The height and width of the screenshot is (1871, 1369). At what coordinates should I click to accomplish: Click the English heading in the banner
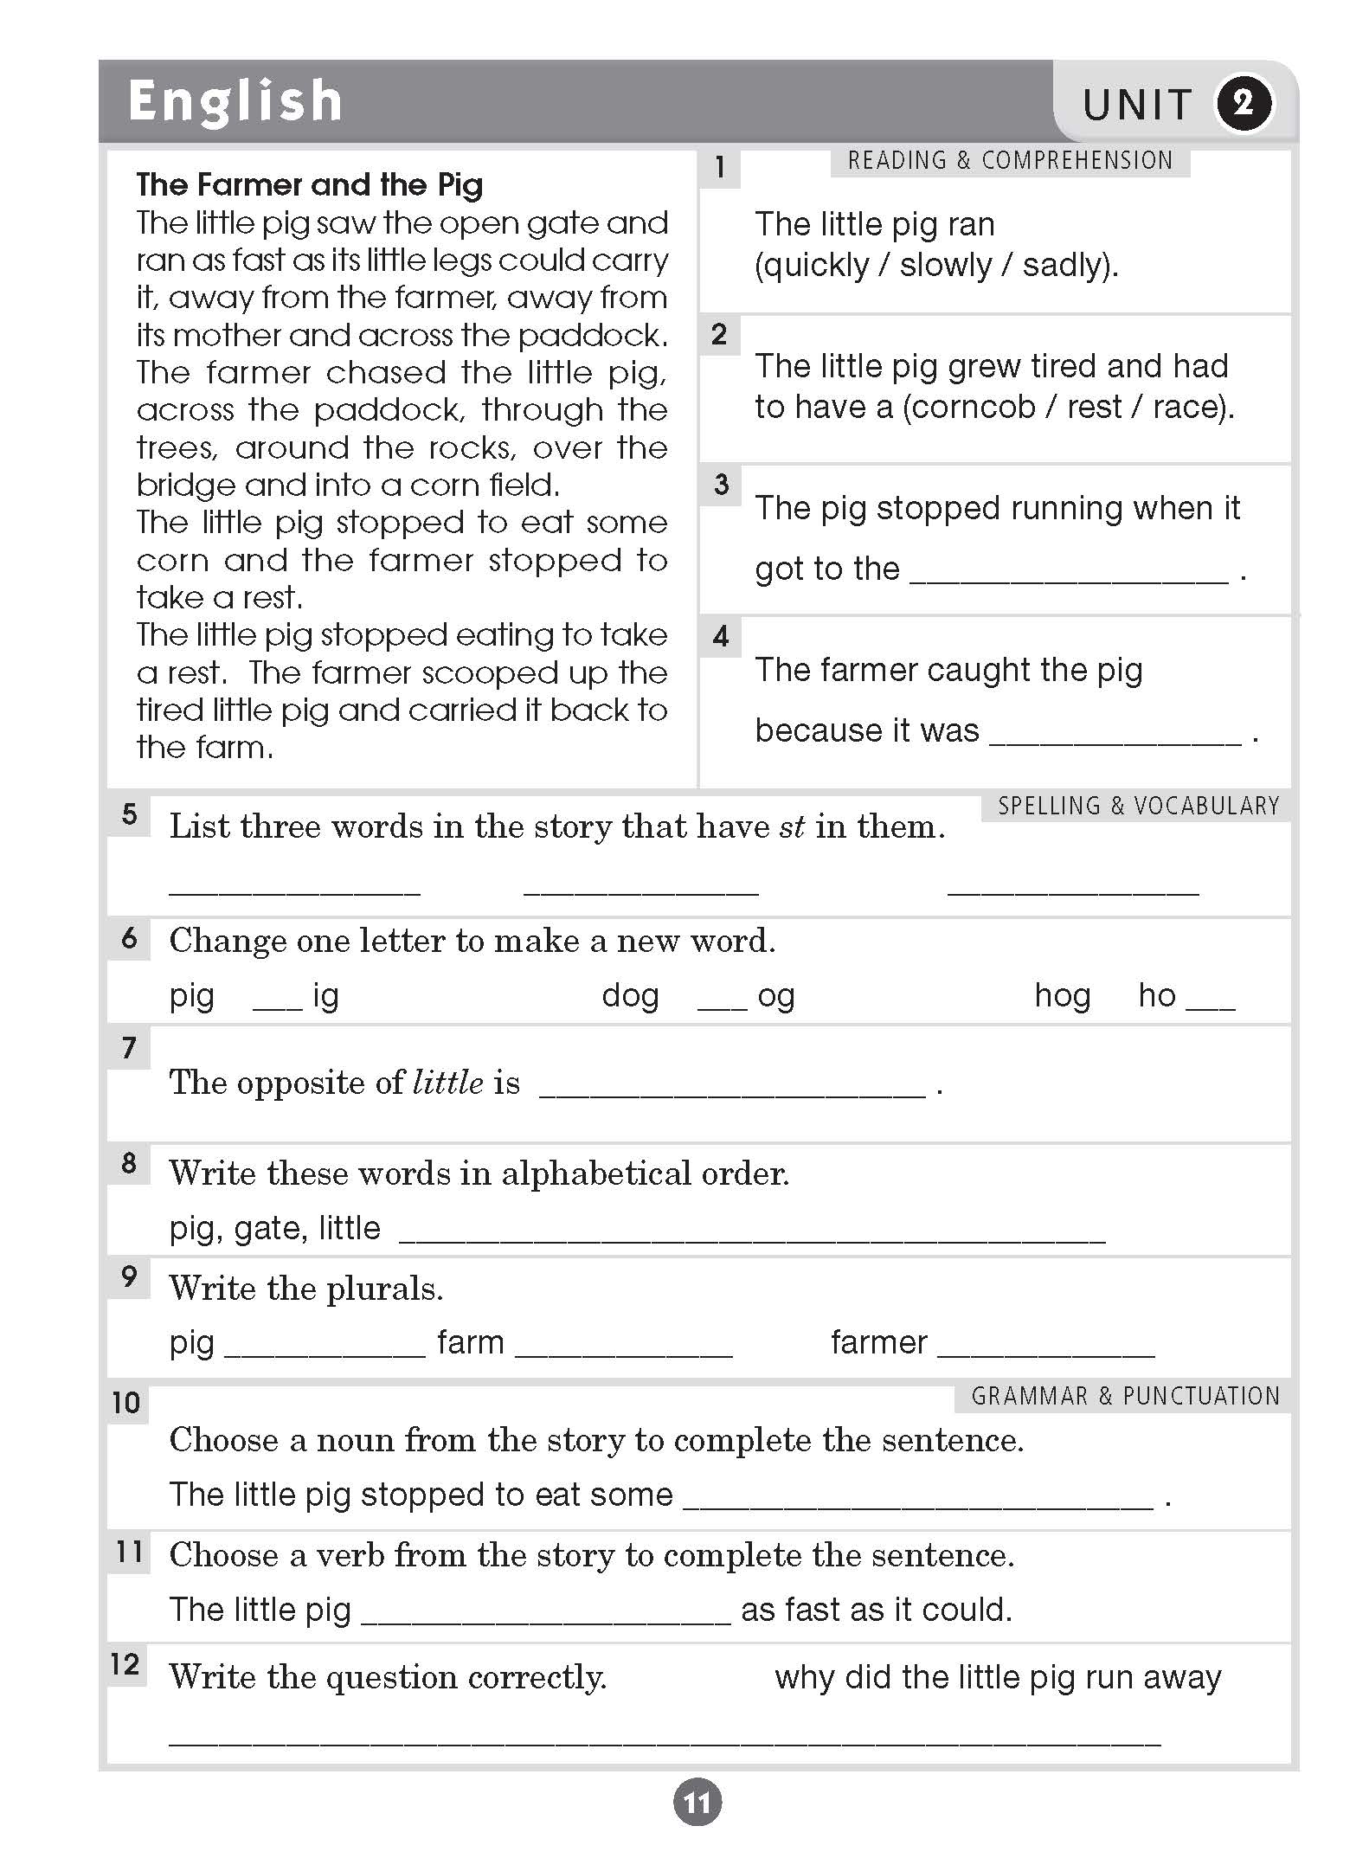235,102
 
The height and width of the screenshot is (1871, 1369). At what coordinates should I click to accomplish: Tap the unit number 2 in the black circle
1244,104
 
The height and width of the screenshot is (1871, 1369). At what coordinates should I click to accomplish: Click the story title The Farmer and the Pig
310,184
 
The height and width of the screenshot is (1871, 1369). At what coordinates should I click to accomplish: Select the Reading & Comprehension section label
1010,161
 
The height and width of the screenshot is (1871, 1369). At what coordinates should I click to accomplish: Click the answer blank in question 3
1069,575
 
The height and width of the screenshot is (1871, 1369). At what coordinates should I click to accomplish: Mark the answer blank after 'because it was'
1115,736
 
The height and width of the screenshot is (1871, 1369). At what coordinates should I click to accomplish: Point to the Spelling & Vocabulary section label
1138,807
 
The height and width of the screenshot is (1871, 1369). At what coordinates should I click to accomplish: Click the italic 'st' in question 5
792,827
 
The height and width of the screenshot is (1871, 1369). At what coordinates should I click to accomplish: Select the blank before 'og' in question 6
722,1002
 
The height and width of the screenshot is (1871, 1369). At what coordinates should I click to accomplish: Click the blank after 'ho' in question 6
1211,1002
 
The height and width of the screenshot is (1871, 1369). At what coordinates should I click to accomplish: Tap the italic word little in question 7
448,1083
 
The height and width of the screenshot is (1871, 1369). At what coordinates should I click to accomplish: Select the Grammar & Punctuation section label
1125,1397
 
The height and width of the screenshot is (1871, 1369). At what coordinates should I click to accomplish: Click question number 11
129,1552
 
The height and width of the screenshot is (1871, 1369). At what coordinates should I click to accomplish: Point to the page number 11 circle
697,1803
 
